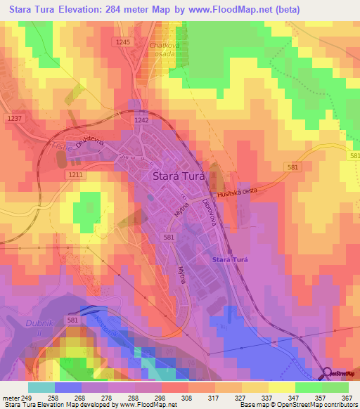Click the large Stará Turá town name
click(x=179, y=177)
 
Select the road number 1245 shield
click(x=124, y=43)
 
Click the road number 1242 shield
click(x=141, y=120)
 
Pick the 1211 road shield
click(x=76, y=174)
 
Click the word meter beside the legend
click(x=10, y=397)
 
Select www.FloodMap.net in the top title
click(x=234, y=10)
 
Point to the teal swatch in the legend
click(x=41, y=387)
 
